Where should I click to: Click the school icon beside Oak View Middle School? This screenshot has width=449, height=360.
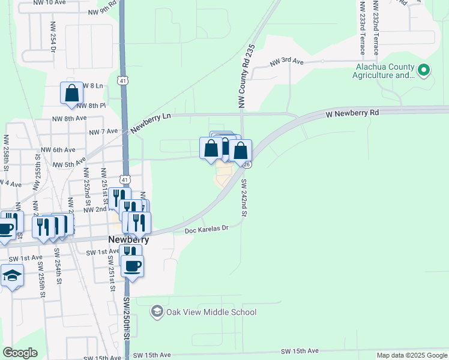pos(157,311)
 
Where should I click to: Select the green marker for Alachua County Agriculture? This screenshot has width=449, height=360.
pos(424,71)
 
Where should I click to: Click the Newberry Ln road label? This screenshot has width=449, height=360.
pos(151,121)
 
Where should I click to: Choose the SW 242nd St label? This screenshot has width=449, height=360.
pos(244,197)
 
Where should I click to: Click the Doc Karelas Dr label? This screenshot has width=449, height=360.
pos(206,229)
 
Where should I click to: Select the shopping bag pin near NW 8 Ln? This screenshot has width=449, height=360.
pos(71,94)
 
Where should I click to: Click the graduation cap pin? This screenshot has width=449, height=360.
pos(11,277)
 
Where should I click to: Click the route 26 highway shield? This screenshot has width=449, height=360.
pos(246,164)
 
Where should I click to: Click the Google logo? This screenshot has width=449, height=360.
pos(20,353)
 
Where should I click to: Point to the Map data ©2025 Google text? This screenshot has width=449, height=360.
pos(412,355)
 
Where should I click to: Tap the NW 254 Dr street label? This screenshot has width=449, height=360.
pos(53,37)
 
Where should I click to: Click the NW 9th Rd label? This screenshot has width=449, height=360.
pos(102,11)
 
